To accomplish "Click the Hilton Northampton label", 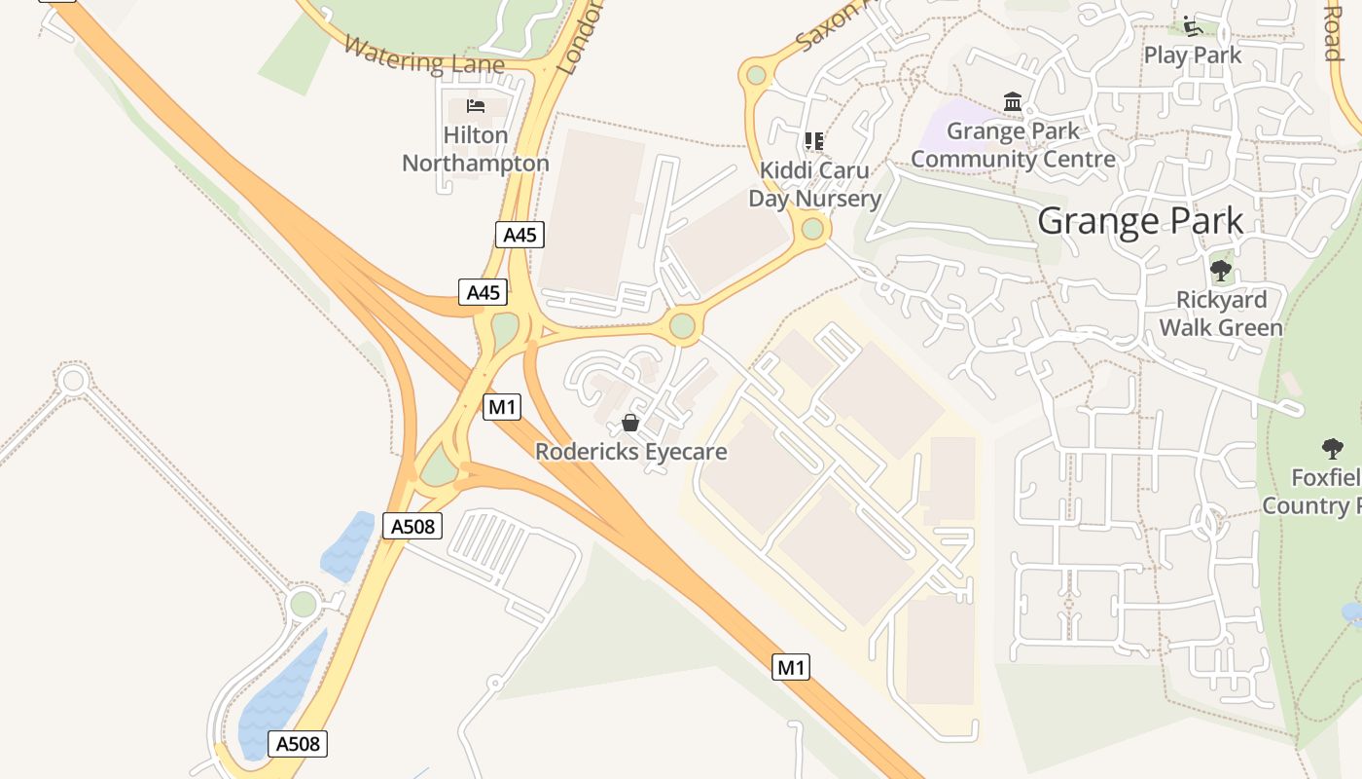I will (x=476, y=149).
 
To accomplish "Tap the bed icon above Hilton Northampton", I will (x=476, y=105).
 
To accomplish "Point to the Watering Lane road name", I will (x=423, y=57).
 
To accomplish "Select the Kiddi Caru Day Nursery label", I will (x=814, y=184).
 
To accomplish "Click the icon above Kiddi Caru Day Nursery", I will (x=814, y=141).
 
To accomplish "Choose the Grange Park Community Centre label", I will (x=1013, y=145).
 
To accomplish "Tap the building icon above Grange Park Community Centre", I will (x=1013, y=101).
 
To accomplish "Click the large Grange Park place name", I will (x=1140, y=221).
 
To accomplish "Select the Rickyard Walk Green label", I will (x=1221, y=314).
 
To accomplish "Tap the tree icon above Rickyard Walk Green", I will (x=1221, y=271).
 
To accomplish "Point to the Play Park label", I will (x=1193, y=56).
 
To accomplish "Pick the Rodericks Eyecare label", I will (x=631, y=452).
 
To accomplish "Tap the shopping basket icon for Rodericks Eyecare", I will (x=630, y=423).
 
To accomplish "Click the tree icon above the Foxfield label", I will (x=1333, y=449).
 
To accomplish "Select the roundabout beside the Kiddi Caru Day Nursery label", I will (x=813, y=230).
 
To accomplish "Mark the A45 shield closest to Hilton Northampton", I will (x=520, y=235).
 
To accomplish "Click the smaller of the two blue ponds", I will (x=348, y=545).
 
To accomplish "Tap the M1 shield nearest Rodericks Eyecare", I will (x=501, y=407).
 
